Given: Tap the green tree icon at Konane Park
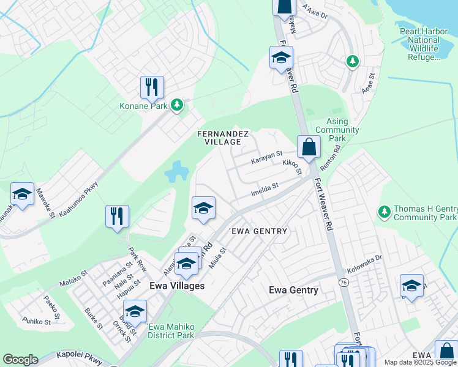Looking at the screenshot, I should coord(177,105).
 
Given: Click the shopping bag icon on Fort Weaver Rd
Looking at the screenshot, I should coord(309,147).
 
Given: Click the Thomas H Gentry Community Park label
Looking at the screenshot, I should coord(424,213).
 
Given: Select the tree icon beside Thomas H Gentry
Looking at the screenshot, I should coord(384,212).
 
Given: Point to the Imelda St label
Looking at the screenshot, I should coord(265,189).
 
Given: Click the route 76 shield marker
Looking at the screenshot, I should coord(343,281).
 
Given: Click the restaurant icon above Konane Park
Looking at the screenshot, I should coord(151,87).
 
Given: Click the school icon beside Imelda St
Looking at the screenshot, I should coord(203,208).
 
